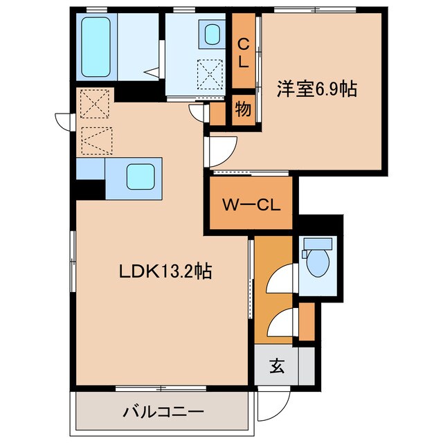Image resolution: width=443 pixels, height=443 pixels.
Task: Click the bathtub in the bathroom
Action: pyautogui.click(x=96, y=46)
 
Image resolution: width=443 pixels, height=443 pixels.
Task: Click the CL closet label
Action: pyautogui.click(x=243, y=52)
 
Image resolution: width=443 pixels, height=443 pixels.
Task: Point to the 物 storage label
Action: pyautogui.click(x=242, y=109)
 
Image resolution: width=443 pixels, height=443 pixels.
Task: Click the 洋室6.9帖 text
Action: pyautogui.click(x=317, y=89)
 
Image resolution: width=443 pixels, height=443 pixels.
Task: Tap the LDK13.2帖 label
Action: pyautogui.click(x=162, y=270)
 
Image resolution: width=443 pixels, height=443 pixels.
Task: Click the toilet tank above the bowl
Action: pyautogui.click(x=317, y=244)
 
